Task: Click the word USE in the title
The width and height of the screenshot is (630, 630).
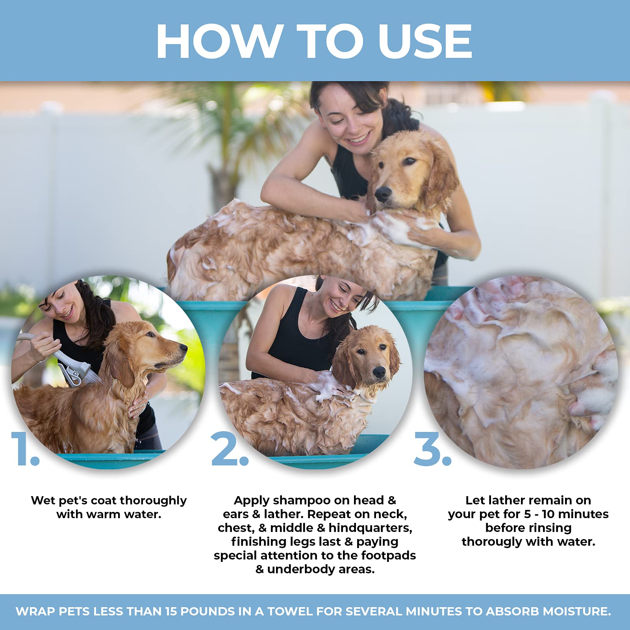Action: [425, 41]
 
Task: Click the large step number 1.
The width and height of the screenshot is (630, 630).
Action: [24, 449]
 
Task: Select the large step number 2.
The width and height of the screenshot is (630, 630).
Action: [229, 449]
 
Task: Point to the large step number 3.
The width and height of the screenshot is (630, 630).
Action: [432, 449]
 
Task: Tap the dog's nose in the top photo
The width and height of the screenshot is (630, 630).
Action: [382, 193]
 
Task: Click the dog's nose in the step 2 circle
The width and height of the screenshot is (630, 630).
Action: [379, 372]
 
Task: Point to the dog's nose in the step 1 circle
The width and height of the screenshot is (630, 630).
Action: [183, 348]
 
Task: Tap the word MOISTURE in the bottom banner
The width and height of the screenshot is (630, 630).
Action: [576, 611]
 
